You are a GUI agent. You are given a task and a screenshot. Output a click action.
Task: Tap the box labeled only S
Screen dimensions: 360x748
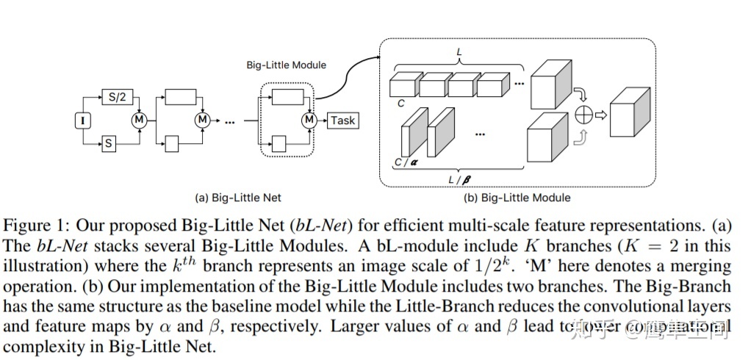pyautogui.click(x=109, y=143)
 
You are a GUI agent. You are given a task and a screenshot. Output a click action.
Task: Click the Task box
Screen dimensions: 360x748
pyautogui.click(x=342, y=120)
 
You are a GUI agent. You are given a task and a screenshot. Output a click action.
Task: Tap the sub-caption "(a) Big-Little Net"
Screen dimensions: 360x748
pyautogui.click(x=237, y=198)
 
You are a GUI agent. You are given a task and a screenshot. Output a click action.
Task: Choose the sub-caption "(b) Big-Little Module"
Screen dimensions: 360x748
pyautogui.click(x=517, y=198)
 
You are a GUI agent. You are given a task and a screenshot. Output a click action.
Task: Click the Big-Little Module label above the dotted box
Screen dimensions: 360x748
pyautogui.click(x=286, y=65)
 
